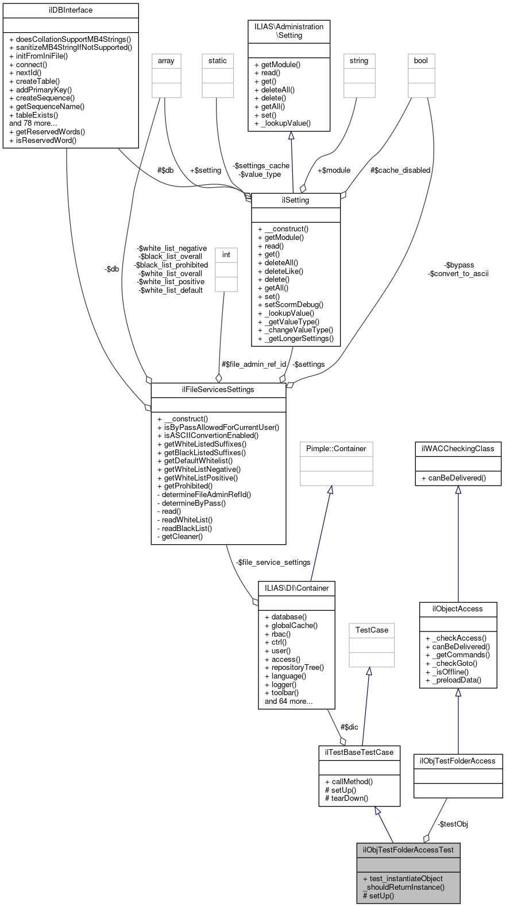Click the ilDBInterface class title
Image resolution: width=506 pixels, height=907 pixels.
(x=71, y=10)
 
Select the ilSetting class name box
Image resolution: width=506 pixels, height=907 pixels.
(x=296, y=200)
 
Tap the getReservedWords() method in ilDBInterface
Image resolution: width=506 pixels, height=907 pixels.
(x=51, y=131)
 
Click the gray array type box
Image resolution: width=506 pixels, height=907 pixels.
(x=166, y=61)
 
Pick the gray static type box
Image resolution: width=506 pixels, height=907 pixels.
(x=218, y=61)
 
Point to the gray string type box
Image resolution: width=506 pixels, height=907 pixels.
(x=359, y=61)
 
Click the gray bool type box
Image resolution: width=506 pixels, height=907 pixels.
(x=421, y=61)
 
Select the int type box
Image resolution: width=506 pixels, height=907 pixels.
(x=226, y=255)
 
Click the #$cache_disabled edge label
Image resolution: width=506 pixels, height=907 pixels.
(x=400, y=170)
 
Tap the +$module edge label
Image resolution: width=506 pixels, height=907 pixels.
(x=334, y=170)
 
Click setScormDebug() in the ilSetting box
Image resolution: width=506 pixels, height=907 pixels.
(x=294, y=305)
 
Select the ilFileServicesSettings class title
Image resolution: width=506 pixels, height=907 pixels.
(x=218, y=390)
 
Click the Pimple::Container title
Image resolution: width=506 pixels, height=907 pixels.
(x=336, y=449)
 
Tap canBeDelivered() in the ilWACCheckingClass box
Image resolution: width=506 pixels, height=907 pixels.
(x=457, y=478)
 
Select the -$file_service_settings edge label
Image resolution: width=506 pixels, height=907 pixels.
(x=273, y=563)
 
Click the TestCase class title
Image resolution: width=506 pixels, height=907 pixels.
(x=372, y=630)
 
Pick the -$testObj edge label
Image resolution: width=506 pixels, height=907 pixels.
(x=453, y=824)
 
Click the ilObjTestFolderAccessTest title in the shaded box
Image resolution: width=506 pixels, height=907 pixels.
(x=408, y=850)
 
